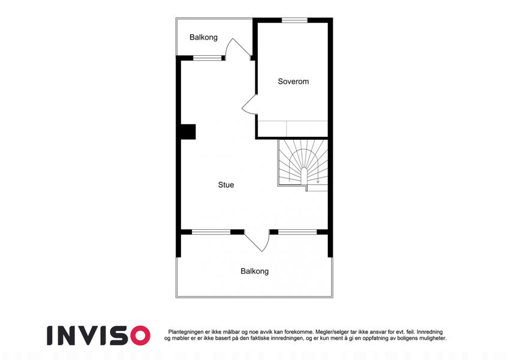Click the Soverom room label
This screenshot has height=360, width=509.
click(x=293, y=81)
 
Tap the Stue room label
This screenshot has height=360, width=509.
click(x=226, y=185)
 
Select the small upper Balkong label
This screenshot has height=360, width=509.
click(x=203, y=37)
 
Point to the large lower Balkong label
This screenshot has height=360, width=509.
click(x=254, y=271)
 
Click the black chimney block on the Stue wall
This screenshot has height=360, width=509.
click(x=188, y=132)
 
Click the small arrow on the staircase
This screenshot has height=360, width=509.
click(x=318, y=180)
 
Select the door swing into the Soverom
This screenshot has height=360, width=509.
click(x=249, y=104)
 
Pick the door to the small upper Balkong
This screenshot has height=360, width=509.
click(x=237, y=49)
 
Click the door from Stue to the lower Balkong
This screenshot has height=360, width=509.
click(x=257, y=241)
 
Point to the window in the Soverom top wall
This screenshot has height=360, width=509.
click(x=294, y=20)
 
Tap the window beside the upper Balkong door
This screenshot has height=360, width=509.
click(x=207, y=58)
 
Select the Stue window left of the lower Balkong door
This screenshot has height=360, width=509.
click(x=211, y=232)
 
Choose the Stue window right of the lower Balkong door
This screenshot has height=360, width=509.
click(x=297, y=232)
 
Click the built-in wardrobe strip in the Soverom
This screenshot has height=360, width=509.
click(x=293, y=129)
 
